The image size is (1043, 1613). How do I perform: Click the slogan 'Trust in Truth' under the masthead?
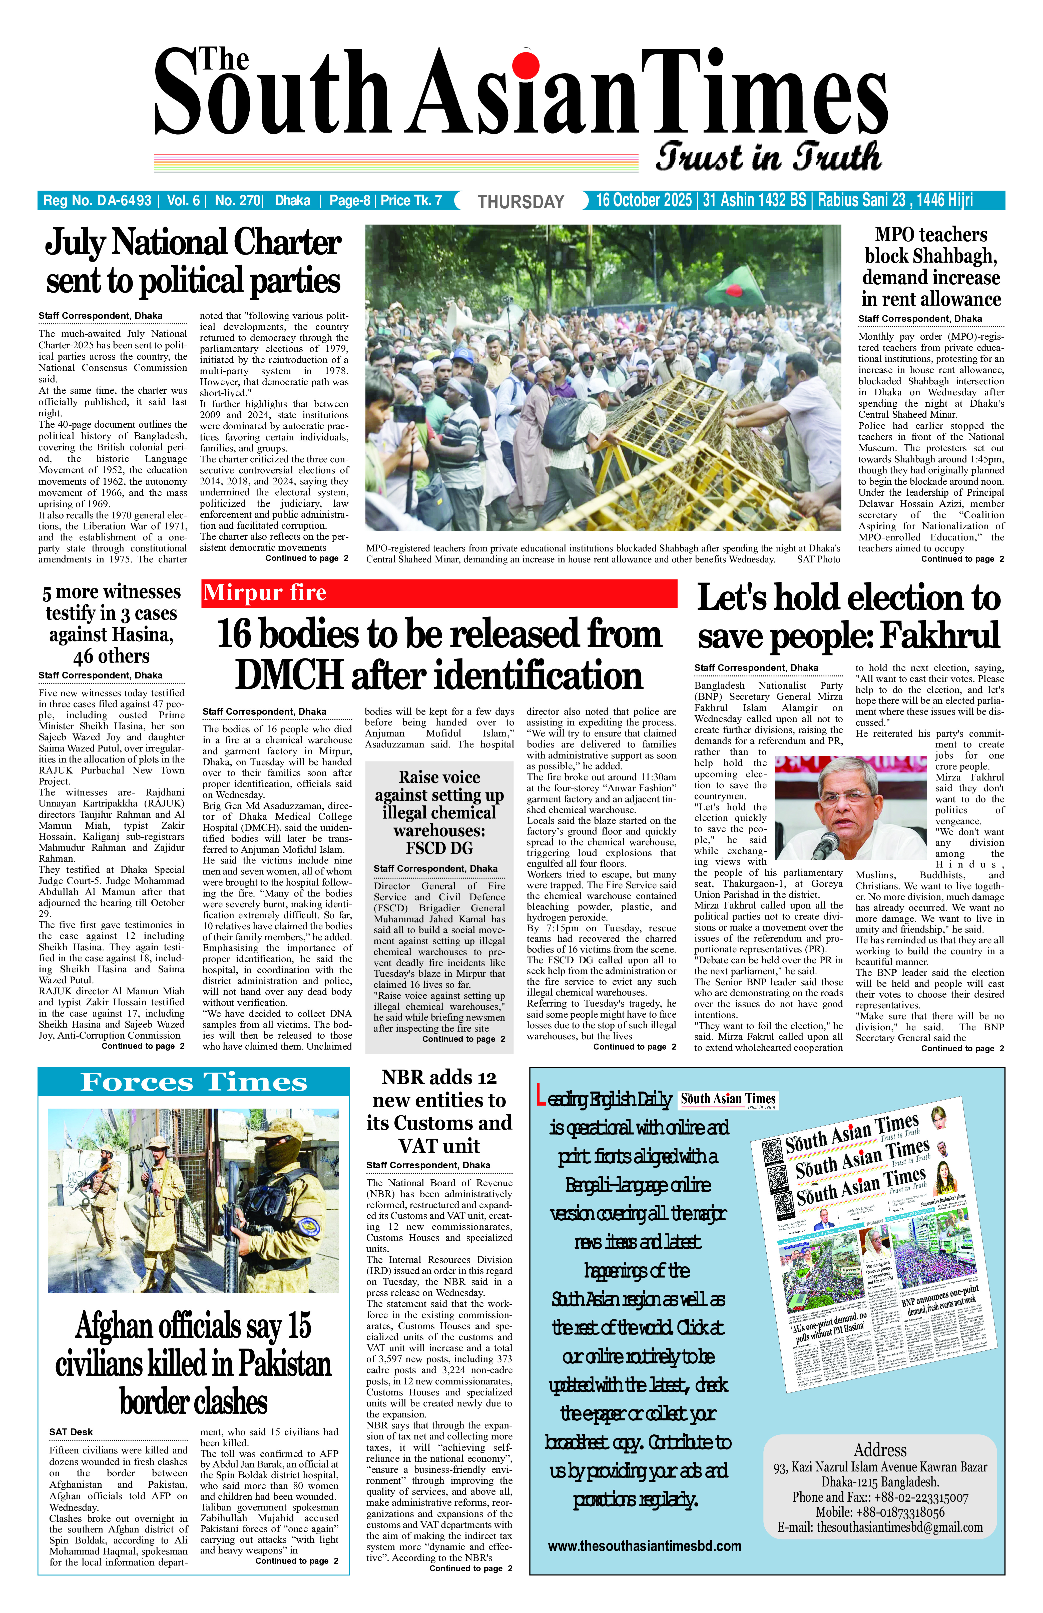(x=769, y=157)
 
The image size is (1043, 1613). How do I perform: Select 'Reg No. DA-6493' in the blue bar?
(x=97, y=201)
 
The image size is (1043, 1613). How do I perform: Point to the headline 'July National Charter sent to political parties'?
(x=193, y=261)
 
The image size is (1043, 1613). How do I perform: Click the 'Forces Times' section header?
(x=194, y=1081)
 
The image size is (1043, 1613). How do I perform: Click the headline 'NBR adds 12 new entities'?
(x=439, y=1111)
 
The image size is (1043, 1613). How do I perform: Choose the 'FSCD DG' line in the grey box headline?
(x=439, y=848)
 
